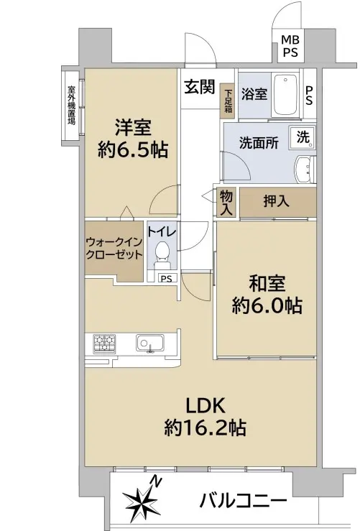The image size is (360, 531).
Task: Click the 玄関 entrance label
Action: (x=200, y=88)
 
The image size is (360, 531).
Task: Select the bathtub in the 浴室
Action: (x=285, y=94)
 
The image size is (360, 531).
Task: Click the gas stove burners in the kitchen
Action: (x=104, y=343)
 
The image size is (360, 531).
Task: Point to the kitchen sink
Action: (x=150, y=343)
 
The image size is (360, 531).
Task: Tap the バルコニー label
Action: (x=243, y=500)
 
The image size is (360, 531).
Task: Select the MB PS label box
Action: (x=290, y=46)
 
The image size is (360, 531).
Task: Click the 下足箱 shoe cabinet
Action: (x=228, y=101)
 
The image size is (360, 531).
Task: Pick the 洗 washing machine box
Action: (x=303, y=137)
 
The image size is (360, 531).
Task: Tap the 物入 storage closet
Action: (x=226, y=203)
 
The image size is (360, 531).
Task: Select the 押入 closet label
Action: (x=277, y=201)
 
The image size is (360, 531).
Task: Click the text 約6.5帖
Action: (x=133, y=149)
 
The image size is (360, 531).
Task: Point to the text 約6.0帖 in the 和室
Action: (x=267, y=306)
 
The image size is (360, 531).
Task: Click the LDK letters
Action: (x=206, y=406)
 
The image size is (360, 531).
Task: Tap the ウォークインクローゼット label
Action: (x=114, y=248)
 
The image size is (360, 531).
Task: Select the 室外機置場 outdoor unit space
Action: (x=71, y=106)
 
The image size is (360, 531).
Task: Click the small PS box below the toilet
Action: (x=166, y=278)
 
